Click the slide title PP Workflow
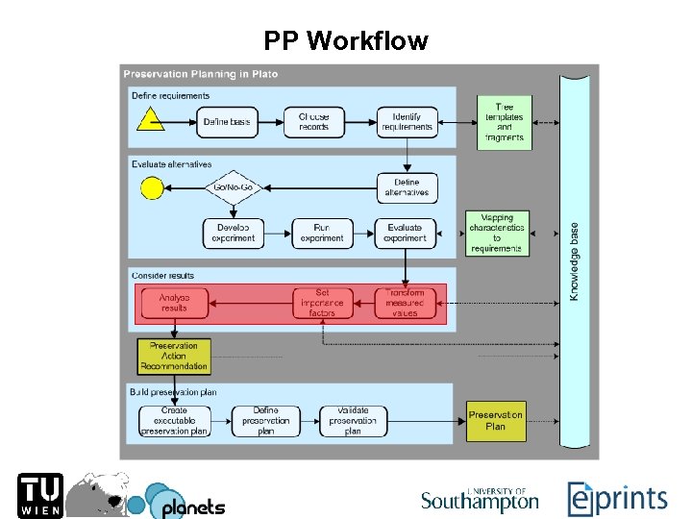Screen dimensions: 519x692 point(346,41)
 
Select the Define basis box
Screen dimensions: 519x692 point(228,122)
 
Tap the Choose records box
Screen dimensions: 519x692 point(313,122)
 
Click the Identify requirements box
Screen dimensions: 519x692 point(408,122)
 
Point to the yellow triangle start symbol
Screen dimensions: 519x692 point(149,120)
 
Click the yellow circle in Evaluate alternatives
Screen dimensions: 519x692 point(150,187)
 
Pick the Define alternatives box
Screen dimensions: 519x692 point(408,187)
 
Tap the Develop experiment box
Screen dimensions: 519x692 point(233,234)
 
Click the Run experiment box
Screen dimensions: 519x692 point(321,234)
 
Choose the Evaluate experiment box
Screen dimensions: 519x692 point(405,234)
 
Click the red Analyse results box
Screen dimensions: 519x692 point(175,304)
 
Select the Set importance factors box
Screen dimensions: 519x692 point(322,304)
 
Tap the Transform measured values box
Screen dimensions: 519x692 point(405,304)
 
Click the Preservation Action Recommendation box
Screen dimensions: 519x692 point(174,356)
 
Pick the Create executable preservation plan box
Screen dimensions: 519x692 point(175,421)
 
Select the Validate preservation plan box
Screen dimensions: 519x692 point(353,421)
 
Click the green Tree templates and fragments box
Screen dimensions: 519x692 point(504,122)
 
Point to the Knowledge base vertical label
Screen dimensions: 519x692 point(575,261)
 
